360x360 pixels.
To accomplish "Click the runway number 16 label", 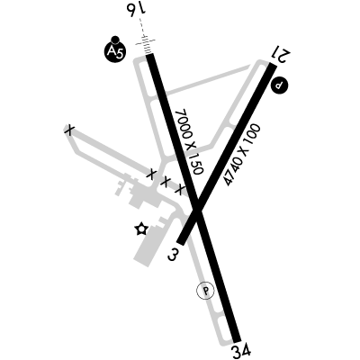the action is (x=137, y=9).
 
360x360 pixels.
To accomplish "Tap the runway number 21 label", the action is (x=281, y=53).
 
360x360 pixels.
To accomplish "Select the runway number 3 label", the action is (x=173, y=255).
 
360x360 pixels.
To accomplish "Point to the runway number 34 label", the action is (x=241, y=351).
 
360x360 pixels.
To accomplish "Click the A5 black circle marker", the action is (x=114, y=52).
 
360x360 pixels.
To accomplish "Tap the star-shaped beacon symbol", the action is (x=141, y=229).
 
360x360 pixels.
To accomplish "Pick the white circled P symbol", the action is (x=205, y=291).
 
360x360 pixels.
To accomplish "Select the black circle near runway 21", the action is (x=279, y=85).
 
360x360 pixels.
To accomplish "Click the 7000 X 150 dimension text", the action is (x=190, y=141).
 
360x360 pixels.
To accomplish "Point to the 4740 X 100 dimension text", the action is (x=243, y=155).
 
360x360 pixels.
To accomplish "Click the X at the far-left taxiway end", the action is (x=69, y=130).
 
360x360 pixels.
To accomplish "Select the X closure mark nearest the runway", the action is (x=180, y=189).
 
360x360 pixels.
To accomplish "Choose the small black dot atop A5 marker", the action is (x=115, y=40).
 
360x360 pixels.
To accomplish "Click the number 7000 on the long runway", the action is (x=183, y=123).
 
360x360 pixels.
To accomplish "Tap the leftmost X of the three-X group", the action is (x=152, y=174).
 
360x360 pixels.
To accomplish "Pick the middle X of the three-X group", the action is (x=166, y=181).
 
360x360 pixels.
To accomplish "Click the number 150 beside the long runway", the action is (x=197, y=164).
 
